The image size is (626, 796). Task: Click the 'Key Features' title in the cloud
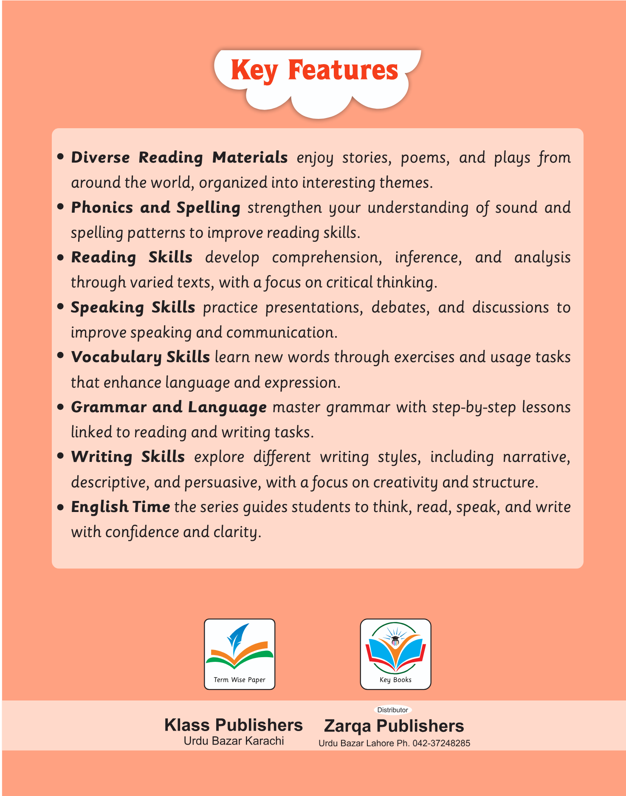pos(314,70)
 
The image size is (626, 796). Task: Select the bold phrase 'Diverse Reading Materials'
pos(179,158)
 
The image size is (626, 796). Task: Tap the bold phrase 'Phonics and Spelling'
pos(155,208)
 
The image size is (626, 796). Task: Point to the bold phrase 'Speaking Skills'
pos(133,307)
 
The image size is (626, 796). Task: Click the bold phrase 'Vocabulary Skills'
pos(140,357)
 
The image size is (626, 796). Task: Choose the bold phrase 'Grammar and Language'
pos(169,407)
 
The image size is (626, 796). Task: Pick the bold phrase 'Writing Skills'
pos(128,457)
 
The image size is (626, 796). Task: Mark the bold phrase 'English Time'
pos(120,507)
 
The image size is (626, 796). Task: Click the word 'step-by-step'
pos(474,407)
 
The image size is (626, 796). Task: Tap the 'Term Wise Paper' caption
pos(240,680)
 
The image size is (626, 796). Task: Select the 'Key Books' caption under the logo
pos(395,680)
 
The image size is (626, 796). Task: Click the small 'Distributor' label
pos(392,710)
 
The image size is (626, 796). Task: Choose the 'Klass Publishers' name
pos(234,725)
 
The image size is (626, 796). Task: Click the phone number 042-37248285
pos(441,743)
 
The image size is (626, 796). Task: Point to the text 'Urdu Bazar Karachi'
pos(234,741)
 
